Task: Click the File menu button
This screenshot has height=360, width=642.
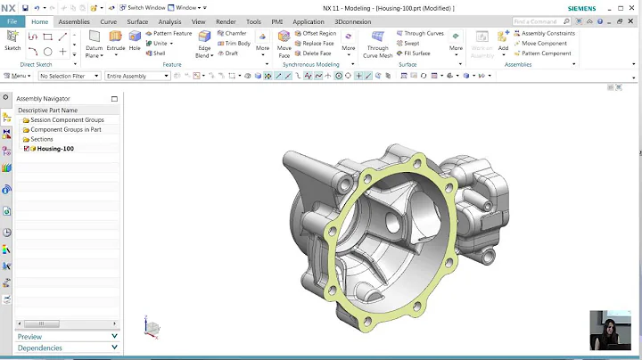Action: point(12,21)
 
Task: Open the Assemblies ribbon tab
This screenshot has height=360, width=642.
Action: point(74,21)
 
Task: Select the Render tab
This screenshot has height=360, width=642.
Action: point(226,21)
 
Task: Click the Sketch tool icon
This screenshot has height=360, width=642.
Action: point(12,40)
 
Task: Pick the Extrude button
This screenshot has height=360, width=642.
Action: point(116,40)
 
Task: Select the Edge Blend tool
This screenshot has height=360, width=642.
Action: point(204,41)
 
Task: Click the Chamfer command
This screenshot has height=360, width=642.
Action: point(235,33)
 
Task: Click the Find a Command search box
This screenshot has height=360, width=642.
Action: point(536,21)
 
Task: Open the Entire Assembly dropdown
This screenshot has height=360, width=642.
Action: point(137,76)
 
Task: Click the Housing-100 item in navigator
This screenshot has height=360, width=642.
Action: point(55,149)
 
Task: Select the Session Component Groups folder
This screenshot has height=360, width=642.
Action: point(66,119)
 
